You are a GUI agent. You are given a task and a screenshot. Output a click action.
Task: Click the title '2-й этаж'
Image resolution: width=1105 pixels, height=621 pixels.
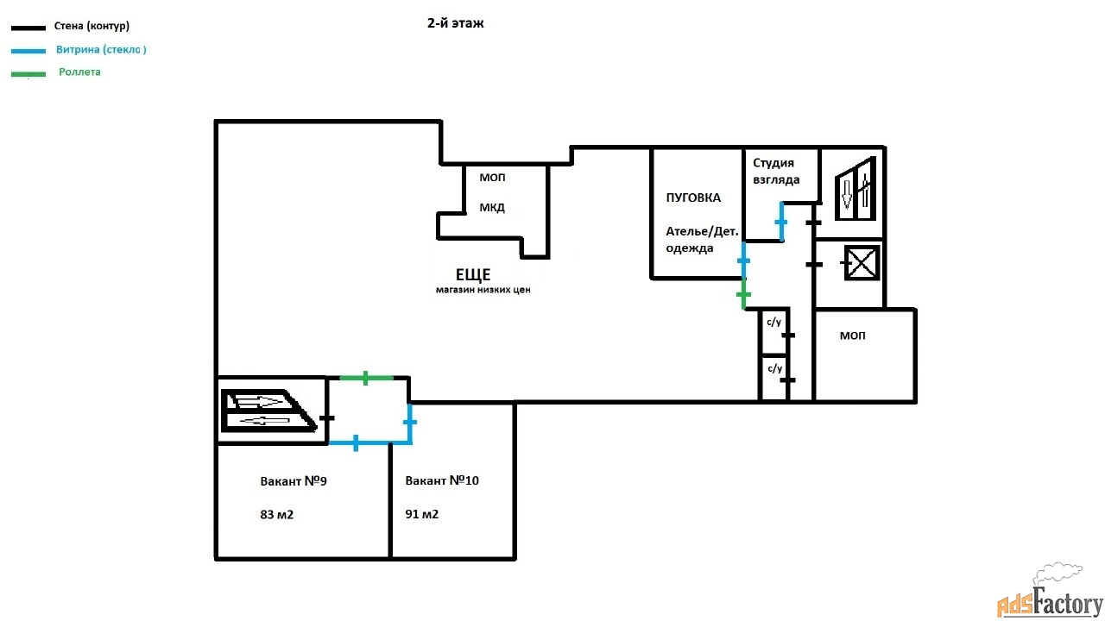coord(455,24)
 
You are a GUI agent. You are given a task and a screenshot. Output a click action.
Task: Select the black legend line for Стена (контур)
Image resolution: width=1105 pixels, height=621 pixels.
coord(28,28)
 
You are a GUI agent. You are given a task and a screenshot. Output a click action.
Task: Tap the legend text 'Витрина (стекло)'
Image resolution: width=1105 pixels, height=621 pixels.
coord(101,50)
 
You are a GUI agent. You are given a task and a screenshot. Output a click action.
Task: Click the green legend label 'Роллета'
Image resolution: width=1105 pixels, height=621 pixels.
coord(79,72)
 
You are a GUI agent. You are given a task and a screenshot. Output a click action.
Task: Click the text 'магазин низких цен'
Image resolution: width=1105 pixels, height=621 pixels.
coord(483,291)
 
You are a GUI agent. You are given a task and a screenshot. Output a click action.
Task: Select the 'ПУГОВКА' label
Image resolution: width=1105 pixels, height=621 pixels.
coord(693,198)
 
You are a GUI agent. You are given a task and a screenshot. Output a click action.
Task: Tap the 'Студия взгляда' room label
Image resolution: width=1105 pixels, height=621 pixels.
coord(776,171)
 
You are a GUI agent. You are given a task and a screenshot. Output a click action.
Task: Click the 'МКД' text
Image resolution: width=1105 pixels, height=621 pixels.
coord(492,208)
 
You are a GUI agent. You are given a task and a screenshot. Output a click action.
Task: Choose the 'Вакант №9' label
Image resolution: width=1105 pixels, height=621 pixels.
coord(294,481)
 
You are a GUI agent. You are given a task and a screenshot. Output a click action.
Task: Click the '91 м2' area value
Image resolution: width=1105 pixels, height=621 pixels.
coord(422,514)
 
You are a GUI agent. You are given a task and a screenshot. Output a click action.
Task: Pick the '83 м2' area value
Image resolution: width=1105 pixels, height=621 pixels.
coord(277,515)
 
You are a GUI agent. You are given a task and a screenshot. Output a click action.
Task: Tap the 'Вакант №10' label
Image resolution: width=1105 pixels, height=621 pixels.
coord(442,480)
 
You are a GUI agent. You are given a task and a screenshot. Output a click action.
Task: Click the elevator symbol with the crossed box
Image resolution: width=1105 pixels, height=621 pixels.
coord(861,263)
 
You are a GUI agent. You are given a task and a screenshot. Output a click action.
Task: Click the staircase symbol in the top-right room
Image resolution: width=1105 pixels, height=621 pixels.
coord(856,189)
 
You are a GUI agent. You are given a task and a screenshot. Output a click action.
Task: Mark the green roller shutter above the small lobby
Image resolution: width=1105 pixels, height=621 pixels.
coord(366,378)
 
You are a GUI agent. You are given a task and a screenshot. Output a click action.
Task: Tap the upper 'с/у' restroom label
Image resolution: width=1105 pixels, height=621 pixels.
coord(773,322)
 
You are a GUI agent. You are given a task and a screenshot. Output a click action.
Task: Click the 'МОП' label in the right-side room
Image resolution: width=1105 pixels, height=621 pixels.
coord(852,336)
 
